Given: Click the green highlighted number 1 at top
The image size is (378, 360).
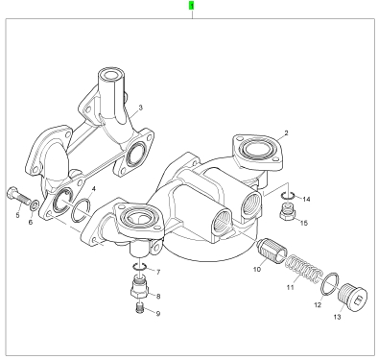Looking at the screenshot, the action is click(192, 6).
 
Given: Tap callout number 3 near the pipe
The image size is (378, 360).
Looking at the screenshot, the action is click(140, 108).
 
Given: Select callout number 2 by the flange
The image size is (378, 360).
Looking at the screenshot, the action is click(286, 132).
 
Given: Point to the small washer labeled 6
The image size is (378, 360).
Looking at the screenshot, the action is click(35, 204).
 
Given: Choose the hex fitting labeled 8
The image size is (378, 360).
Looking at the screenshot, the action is click(139, 287).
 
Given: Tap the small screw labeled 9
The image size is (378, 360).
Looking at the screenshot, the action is click(139, 308).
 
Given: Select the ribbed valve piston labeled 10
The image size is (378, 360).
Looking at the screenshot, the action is click(271, 251).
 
